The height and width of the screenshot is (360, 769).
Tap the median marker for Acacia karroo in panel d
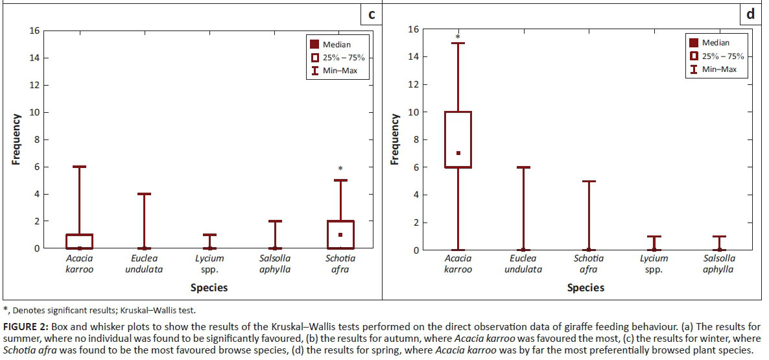point(458,153)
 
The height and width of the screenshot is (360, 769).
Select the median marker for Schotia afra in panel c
point(340,234)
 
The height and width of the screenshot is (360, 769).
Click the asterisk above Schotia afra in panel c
point(340,169)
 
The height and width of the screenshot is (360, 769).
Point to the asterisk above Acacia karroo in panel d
point(458,38)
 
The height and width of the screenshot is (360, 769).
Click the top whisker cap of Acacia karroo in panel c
point(80,167)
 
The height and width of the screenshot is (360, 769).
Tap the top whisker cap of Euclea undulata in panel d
point(523,167)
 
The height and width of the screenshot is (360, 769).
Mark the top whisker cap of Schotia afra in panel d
point(589,181)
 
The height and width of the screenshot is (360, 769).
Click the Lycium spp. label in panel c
point(209,264)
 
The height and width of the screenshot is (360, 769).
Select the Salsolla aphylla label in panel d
point(718,264)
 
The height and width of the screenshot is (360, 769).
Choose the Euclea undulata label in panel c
point(144,264)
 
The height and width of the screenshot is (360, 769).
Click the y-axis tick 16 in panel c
point(34,30)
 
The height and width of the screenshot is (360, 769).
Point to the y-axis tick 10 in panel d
point(412,112)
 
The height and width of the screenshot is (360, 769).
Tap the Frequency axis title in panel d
point(394,139)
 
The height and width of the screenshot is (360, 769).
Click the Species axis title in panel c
point(209,287)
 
